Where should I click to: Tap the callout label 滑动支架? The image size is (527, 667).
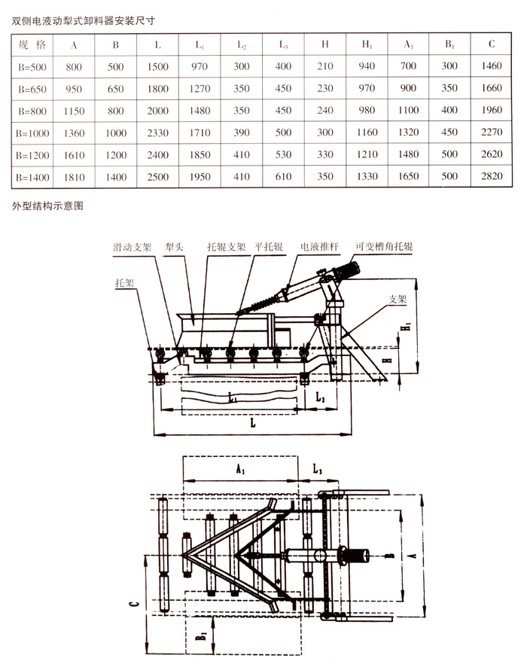133,247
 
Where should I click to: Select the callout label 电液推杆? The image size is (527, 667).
317,246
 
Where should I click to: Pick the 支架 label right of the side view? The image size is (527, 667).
398,298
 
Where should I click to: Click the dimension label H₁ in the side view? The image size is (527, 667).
404,329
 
